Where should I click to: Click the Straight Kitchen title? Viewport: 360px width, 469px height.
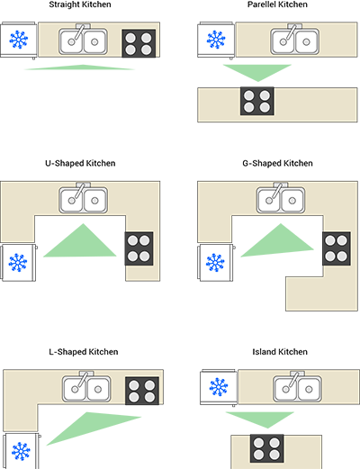[x=80, y=5]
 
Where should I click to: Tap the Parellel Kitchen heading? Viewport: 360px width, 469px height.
[x=277, y=5]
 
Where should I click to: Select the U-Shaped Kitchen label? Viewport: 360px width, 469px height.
[x=80, y=163]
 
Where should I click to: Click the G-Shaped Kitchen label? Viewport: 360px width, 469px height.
[x=277, y=163]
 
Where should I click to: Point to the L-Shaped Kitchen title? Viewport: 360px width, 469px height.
[x=84, y=352]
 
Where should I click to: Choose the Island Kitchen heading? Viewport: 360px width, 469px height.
[x=280, y=352]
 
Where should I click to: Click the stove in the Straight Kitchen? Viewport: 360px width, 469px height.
[x=139, y=43]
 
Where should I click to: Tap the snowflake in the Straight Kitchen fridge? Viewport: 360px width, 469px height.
[x=19, y=40]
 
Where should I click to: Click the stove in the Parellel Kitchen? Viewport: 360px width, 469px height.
[x=257, y=101]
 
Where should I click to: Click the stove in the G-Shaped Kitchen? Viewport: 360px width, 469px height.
[x=337, y=248]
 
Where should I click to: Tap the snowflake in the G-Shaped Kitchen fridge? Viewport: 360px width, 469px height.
[x=215, y=263]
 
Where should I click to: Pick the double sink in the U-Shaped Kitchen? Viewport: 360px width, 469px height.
[x=84, y=199]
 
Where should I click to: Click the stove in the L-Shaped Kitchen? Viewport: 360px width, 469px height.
[x=142, y=391]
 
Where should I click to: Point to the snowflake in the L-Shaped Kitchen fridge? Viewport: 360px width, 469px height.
[x=21, y=451]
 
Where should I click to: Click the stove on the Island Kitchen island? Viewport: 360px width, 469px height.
[x=266, y=448]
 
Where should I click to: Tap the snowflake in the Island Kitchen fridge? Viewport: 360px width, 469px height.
[x=219, y=387]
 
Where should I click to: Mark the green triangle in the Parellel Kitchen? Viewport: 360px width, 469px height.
[x=257, y=71]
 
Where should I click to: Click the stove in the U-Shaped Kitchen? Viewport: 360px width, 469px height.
[x=139, y=248]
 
